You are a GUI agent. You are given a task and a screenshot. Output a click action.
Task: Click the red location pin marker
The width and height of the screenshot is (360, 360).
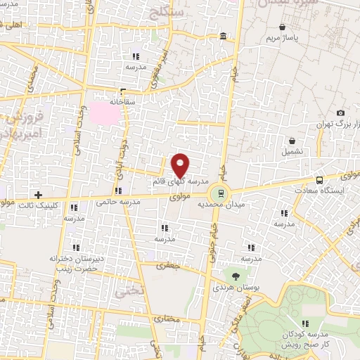181,165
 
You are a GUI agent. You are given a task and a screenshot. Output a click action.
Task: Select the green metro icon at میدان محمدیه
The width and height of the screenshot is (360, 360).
221,193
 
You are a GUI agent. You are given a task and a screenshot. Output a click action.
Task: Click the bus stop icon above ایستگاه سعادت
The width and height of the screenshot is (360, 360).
320,179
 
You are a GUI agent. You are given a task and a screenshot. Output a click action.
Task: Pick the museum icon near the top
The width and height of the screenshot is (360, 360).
224,36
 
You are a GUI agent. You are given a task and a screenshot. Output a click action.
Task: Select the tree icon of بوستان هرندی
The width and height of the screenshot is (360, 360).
235,276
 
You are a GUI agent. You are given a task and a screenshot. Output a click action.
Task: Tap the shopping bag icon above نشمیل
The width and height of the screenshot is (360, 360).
292,141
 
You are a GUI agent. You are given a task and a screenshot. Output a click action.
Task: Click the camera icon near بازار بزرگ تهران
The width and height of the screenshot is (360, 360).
341,113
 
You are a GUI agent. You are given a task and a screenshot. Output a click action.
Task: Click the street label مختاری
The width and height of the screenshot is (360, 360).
167,320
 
